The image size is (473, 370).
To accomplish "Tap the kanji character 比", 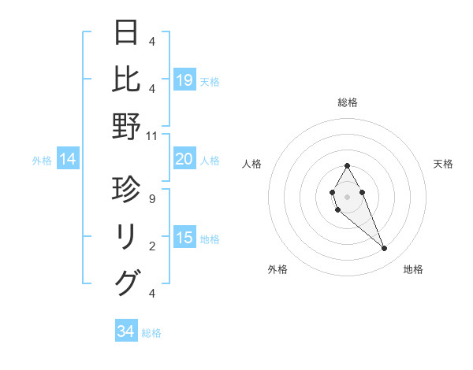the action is (127, 79).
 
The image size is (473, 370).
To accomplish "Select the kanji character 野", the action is (127, 126).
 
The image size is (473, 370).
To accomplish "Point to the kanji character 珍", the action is (127, 190).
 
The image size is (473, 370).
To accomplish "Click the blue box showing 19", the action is (184, 80).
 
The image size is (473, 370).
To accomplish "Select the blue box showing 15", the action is (184, 238).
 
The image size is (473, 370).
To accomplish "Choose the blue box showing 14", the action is (68, 160).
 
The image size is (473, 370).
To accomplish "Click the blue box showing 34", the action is (125, 331).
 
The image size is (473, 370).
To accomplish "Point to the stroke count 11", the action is (152, 135).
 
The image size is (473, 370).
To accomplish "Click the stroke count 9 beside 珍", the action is (152, 199).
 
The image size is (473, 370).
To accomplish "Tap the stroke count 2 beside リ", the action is (152, 246).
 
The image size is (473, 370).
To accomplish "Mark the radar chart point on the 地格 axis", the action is (384, 249).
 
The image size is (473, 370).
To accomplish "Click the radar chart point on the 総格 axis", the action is (347, 165).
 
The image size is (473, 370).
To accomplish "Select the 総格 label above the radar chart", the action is (347, 102).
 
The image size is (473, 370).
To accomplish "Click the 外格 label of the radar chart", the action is (277, 269).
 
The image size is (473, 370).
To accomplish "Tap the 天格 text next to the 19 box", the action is (210, 81).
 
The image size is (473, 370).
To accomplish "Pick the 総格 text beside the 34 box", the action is (151, 333).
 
